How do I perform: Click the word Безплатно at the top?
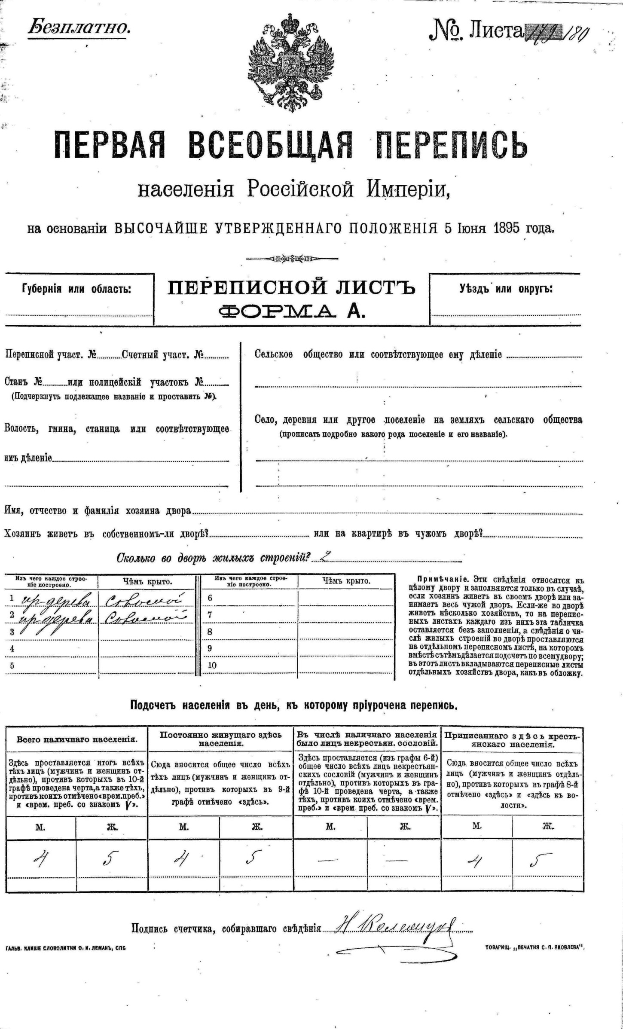(x=79, y=28)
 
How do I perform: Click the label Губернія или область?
(x=76, y=289)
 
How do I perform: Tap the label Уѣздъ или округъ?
(x=506, y=289)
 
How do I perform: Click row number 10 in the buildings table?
(x=212, y=665)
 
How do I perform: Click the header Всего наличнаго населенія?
(x=77, y=740)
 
